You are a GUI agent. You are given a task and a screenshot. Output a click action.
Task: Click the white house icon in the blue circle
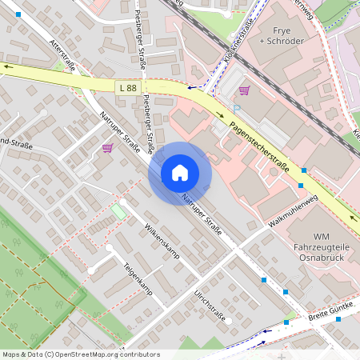[x=180, y=173]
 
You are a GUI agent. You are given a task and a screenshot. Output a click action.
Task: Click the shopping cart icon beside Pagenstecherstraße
[x=244, y=90]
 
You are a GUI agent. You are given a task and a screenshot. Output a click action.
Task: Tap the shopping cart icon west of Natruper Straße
[x=107, y=147]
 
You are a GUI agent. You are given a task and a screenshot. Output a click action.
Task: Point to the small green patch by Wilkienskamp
[x=118, y=211]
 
